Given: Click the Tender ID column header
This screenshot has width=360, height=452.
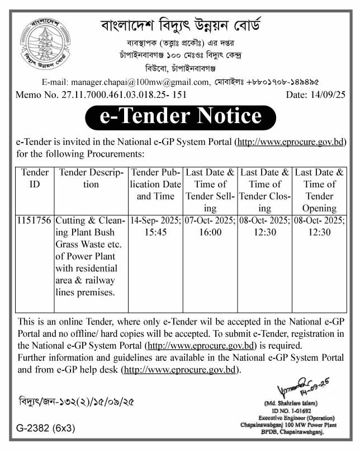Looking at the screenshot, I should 34,178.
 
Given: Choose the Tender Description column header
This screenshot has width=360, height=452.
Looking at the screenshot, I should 91,178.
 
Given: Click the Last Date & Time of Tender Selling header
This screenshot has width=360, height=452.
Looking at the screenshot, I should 210,190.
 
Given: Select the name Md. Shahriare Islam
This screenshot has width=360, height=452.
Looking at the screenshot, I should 296,403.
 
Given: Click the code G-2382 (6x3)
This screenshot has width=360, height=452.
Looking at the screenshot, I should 42,429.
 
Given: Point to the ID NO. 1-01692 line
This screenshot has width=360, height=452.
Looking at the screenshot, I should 296,411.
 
